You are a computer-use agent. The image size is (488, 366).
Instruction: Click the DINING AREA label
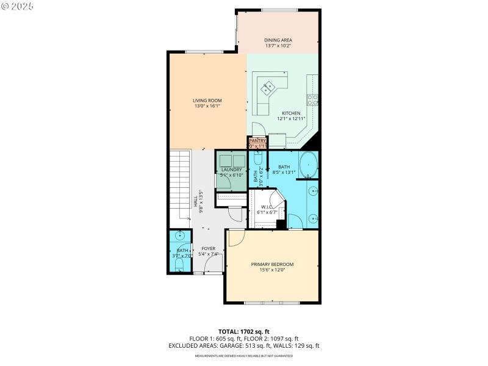[278, 40]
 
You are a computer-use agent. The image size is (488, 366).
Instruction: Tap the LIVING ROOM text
[207, 101]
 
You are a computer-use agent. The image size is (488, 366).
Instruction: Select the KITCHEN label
[290, 113]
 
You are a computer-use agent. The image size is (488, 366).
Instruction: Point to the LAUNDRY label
[232, 170]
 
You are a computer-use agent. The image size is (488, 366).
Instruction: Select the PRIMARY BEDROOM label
[272, 264]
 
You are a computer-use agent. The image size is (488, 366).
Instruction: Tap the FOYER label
[208, 248]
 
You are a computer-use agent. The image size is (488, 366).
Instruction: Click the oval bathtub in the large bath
[309, 165]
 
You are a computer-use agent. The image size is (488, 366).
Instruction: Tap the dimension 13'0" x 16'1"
[207, 106]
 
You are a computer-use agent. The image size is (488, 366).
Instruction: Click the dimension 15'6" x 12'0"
[272, 270]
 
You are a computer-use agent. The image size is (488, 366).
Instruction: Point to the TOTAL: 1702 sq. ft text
[244, 332]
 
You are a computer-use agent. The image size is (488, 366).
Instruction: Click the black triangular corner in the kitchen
[314, 143]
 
